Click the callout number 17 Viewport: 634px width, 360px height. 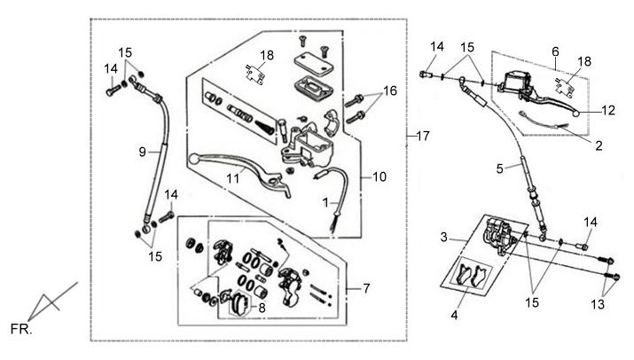tap(423, 136)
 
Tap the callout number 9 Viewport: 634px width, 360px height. tap(143, 152)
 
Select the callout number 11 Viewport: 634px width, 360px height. tap(233, 178)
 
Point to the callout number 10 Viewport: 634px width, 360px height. tap(380, 176)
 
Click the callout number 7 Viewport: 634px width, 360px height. tap(366, 288)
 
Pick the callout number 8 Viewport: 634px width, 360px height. tap(262, 308)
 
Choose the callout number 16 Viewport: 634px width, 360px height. tap(390, 91)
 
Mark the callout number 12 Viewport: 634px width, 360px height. tap(608, 110)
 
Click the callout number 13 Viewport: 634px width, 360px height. tap(598, 304)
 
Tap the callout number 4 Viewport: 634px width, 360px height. tap(455, 315)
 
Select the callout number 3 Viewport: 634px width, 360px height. tap(444, 237)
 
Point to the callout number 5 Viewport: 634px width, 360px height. tap(500, 168)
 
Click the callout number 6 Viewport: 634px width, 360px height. tap(555, 51)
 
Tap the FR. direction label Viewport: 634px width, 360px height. tap(21, 329)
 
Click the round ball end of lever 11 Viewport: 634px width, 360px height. tap(193, 158)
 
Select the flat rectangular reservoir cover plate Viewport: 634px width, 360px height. tap(313, 65)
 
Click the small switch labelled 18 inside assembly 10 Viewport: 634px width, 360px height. tap(254, 74)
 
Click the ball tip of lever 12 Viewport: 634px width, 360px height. tap(576, 113)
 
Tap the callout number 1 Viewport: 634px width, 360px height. tap(326, 203)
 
